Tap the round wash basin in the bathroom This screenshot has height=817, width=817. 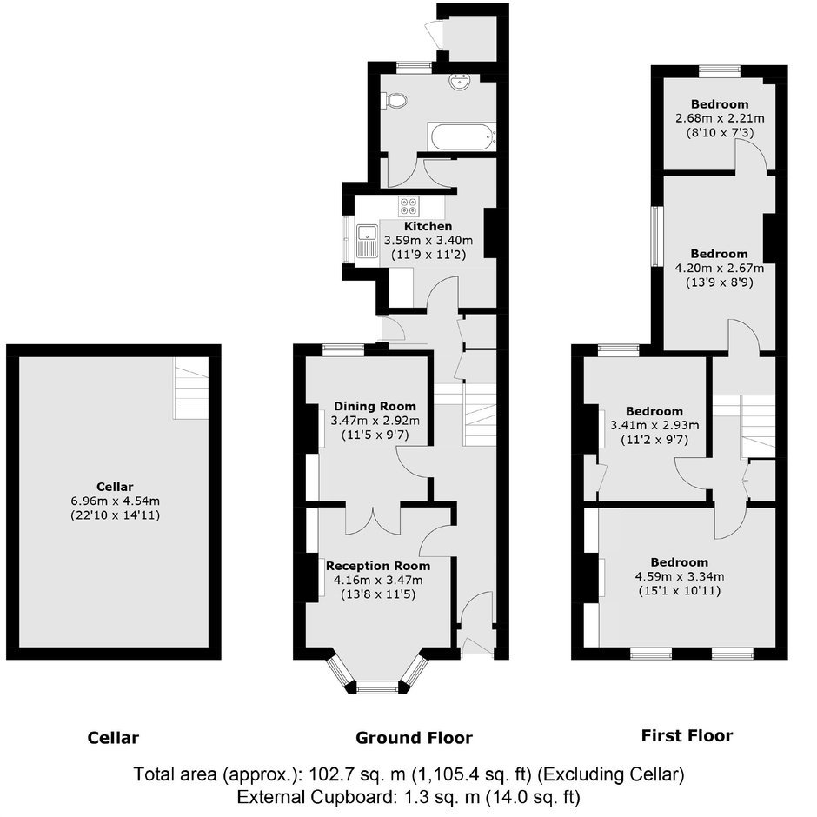[460, 82]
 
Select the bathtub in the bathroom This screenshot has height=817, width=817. [462, 136]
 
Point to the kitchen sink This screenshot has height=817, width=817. [368, 241]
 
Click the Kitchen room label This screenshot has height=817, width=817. [428, 226]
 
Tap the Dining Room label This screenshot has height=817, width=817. [375, 406]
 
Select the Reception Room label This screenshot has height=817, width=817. [378, 566]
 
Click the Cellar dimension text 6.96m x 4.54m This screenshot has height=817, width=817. [115, 501]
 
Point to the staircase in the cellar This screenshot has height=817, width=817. [191, 389]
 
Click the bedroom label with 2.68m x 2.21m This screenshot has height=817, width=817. [720, 104]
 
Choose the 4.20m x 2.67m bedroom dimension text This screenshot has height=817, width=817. [720, 269]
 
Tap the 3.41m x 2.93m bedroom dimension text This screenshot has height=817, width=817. [654, 425]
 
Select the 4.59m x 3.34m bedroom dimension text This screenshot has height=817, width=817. [680, 576]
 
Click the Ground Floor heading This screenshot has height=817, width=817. [415, 738]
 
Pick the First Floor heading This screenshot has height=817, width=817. [687, 735]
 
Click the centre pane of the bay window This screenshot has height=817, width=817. [377, 689]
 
